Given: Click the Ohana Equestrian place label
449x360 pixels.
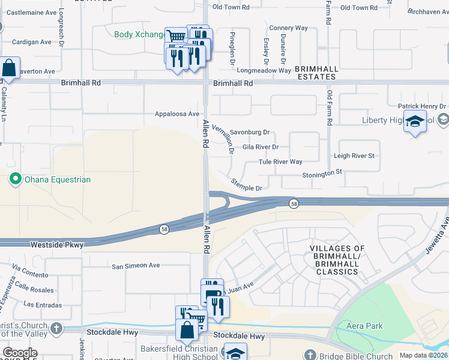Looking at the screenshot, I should coord(57,179).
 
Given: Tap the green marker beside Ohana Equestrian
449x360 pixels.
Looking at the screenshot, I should coord(14,179).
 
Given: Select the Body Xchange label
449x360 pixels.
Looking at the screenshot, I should coord(139,34).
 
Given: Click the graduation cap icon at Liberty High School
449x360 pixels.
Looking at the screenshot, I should coord(414,122).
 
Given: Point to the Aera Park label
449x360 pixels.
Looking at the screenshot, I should coord(365,326).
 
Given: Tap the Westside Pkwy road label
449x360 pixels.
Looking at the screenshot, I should coord(56,244).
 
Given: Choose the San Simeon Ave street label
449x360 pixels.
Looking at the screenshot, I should coord(136,265).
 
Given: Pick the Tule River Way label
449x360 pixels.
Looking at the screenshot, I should coord(280,161).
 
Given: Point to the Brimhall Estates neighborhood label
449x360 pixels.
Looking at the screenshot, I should coord(317,73).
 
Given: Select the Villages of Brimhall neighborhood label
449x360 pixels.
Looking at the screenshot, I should coord(337,260).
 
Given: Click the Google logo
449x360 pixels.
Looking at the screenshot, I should coord(20,353).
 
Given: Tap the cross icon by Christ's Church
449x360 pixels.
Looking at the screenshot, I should coord(56,328).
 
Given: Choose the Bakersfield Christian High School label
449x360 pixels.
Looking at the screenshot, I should coord(179,353).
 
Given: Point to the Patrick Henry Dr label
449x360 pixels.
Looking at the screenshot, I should coord(423,106).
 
